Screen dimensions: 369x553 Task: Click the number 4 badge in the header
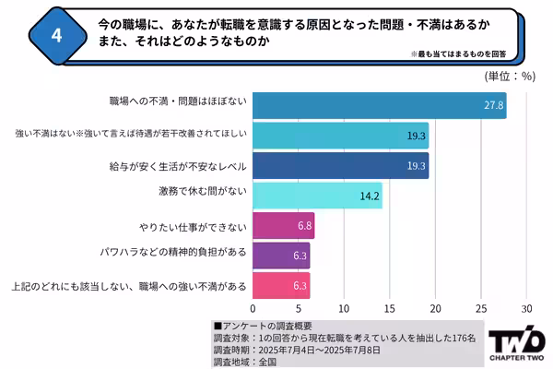[56, 35]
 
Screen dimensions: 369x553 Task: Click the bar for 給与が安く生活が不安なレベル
[340, 166]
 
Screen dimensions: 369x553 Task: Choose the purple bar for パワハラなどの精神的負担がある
[281, 255]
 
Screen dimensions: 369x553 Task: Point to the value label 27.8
[494, 106]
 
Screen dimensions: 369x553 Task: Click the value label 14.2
[371, 196]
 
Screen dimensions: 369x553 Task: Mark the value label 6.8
[302, 225]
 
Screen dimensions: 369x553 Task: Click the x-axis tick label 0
[253, 308]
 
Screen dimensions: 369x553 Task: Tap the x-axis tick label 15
[389, 308]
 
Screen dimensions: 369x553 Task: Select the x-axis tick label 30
[526, 308]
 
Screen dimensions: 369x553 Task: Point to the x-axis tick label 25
[480, 308]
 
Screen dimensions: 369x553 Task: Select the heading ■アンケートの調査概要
[263, 326]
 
